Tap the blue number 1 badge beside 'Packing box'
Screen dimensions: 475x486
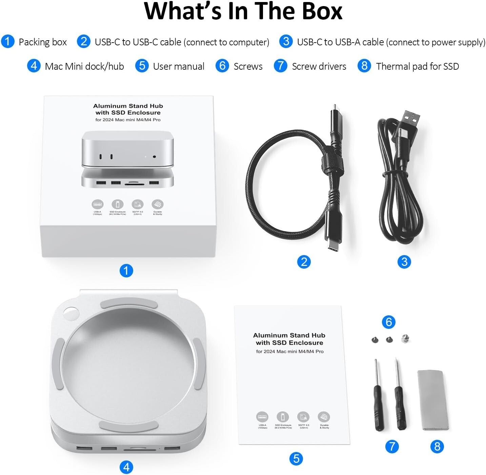pos(7,42)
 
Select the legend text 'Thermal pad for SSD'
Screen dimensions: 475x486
pos(417,66)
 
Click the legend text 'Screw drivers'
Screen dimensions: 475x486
pos(319,66)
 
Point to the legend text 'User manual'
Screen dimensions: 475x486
pos(179,66)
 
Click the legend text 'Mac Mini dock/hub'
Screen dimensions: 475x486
pos(84,66)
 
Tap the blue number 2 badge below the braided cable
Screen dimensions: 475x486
pos(304,262)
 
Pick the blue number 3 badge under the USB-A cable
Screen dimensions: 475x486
pos(404,262)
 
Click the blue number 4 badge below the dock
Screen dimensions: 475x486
pos(126,467)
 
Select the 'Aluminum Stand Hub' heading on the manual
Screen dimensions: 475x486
pos(289,335)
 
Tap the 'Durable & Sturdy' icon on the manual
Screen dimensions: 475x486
pos(324,417)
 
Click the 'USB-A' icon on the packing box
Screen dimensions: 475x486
pos(98,204)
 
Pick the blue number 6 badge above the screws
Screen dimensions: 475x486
pos(388,322)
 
